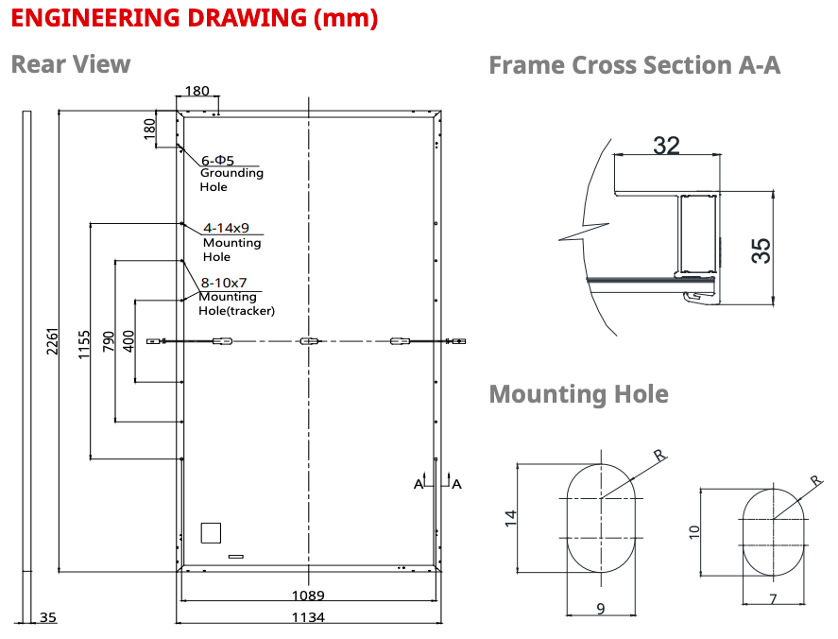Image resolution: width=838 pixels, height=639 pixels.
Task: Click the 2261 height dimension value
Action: point(52,340)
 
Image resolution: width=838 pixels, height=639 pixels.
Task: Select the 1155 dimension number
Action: point(84,345)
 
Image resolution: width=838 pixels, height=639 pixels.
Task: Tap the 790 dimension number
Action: point(109,341)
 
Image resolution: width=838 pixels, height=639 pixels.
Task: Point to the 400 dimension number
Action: point(128,341)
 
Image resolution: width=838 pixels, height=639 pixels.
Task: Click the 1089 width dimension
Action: point(308,596)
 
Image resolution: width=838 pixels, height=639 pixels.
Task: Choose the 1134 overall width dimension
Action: point(308,617)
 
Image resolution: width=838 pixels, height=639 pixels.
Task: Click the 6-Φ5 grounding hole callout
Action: point(217,161)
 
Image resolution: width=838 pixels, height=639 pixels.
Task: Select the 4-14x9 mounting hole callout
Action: point(226,228)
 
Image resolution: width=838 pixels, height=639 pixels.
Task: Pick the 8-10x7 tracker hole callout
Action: point(223,283)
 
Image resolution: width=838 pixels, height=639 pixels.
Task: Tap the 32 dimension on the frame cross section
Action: point(666,146)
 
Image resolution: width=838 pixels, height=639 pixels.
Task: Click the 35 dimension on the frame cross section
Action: point(761,250)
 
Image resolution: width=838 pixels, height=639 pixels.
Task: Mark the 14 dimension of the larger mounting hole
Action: point(511,518)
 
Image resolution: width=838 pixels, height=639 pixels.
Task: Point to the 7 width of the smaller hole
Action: point(773,599)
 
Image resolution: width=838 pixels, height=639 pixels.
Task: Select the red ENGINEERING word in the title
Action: point(95,18)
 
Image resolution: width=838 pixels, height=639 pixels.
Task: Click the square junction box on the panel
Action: point(211,532)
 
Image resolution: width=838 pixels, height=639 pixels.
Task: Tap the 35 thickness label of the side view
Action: point(47,617)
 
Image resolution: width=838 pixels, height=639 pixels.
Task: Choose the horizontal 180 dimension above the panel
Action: point(197,91)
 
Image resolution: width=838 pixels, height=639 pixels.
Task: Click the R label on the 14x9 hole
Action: point(660,456)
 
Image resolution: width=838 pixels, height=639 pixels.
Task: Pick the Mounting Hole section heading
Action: point(579,394)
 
